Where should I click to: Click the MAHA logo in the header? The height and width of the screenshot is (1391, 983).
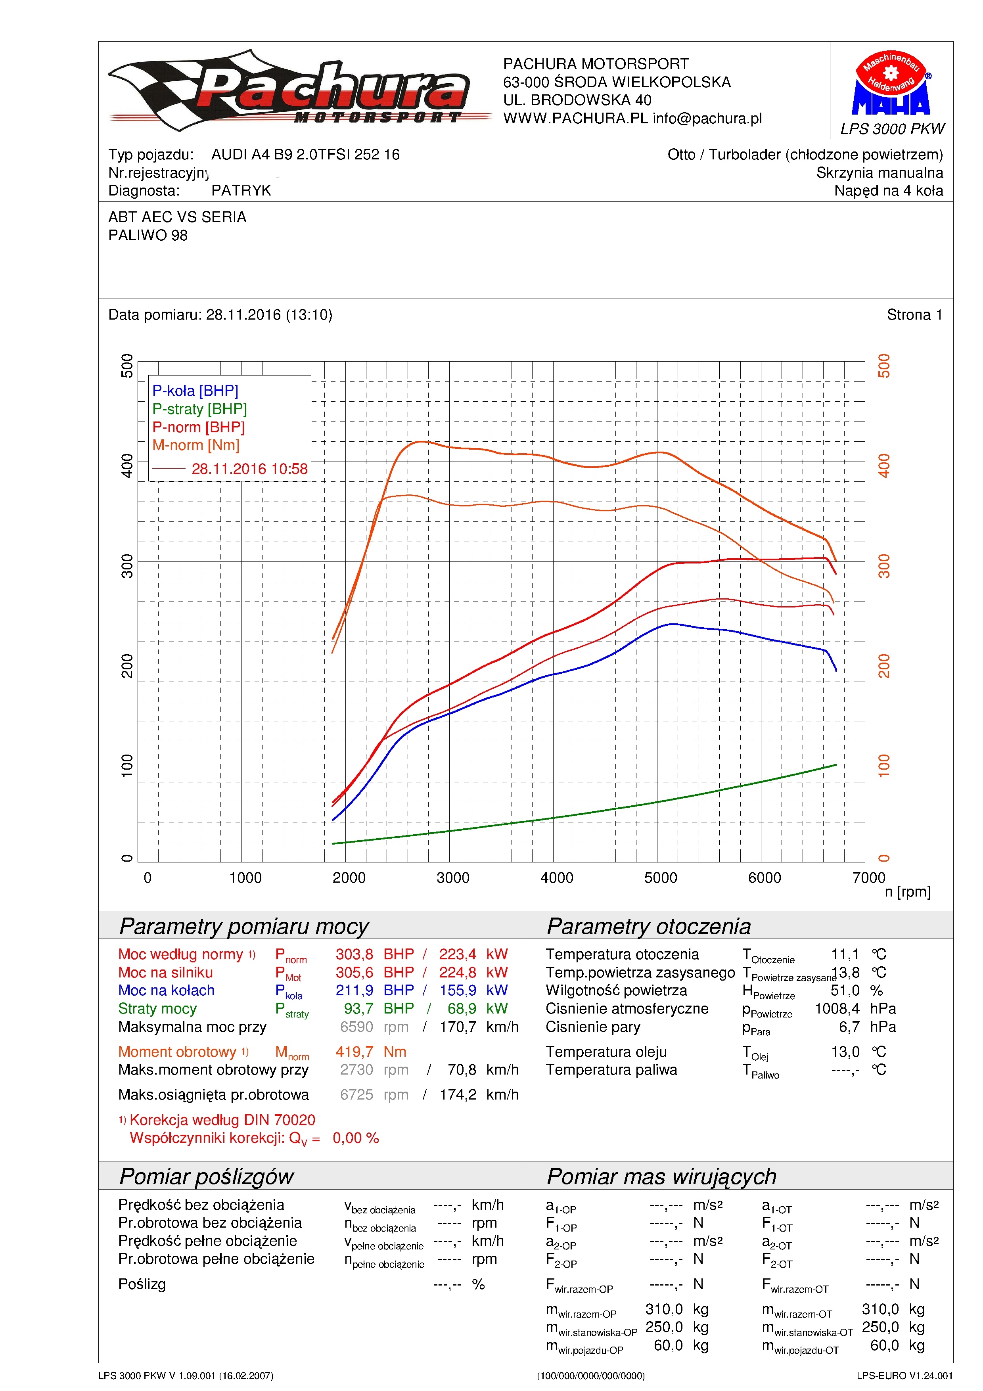click(891, 82)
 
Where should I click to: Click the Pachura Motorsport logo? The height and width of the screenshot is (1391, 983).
click(299, 90)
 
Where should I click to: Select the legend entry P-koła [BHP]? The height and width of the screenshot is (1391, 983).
click(195, 391)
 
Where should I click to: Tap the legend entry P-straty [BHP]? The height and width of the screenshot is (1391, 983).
click(199, 409)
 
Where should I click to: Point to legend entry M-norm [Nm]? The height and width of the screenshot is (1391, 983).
click(195, 445)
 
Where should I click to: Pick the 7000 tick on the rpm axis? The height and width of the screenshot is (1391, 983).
click(868, 878)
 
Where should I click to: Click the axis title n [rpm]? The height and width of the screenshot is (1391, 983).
click(907, 892)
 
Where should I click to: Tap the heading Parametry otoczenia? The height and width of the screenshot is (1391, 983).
click(649, 927)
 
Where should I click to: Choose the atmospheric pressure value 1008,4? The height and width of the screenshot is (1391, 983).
click(837, 1009)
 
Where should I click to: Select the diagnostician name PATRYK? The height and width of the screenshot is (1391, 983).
click(241, 191)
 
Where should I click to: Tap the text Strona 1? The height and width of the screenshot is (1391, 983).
click(914, 314)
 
